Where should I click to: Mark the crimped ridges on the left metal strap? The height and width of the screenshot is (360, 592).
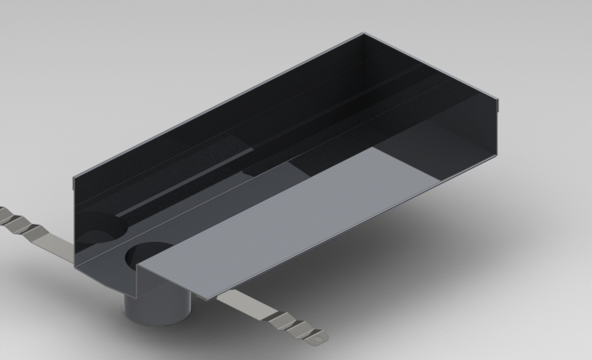[23, 223]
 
